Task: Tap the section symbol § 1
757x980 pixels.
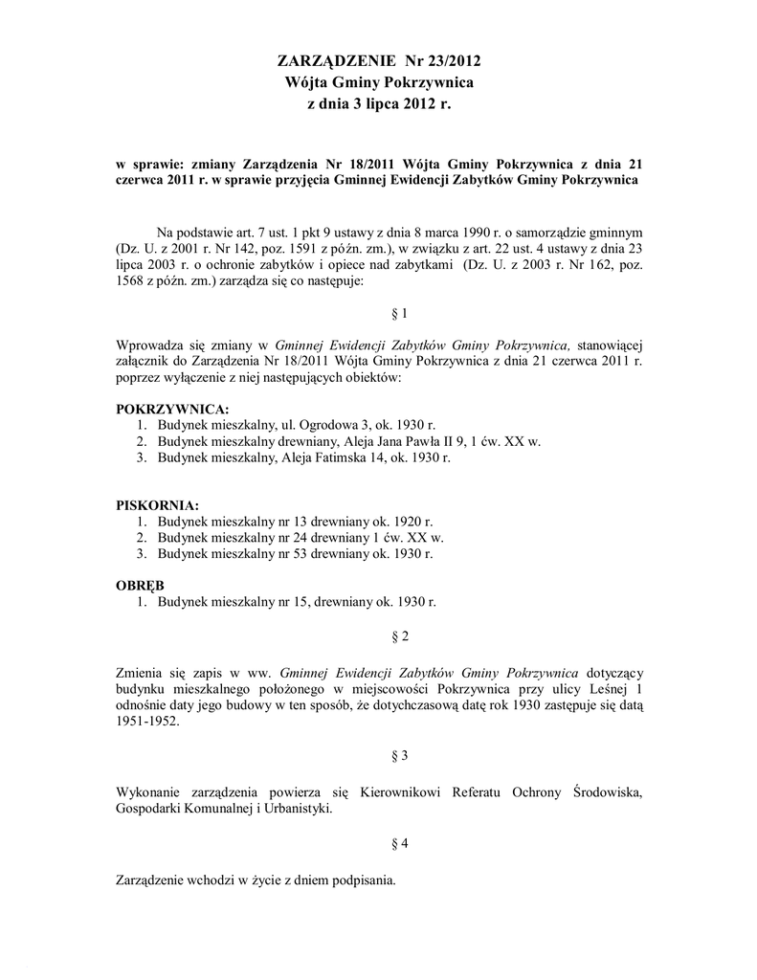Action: click(x=401, y=313)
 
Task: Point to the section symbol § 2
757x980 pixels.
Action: click(x=401, y=635)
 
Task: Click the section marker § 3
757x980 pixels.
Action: click(x=401, y=755)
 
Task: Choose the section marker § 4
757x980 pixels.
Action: click(x=401, y=843)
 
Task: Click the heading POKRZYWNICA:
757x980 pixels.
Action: click(x=172, y=409)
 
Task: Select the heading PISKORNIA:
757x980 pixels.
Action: click(x=157, y=504)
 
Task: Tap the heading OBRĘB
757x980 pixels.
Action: click(x=140, y=585)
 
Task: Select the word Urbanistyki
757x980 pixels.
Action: click(x=299, y=809)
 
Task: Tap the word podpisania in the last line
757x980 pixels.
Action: click(x=361, y=879)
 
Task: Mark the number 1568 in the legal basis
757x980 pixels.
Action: click(x=131, y=281)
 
